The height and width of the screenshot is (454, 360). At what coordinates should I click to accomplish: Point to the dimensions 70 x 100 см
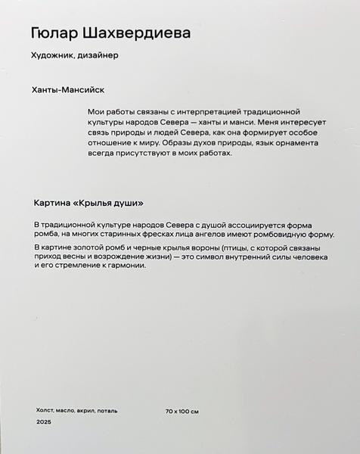pos(182,411)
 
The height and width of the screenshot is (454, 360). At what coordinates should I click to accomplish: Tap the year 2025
pos(43,426)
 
